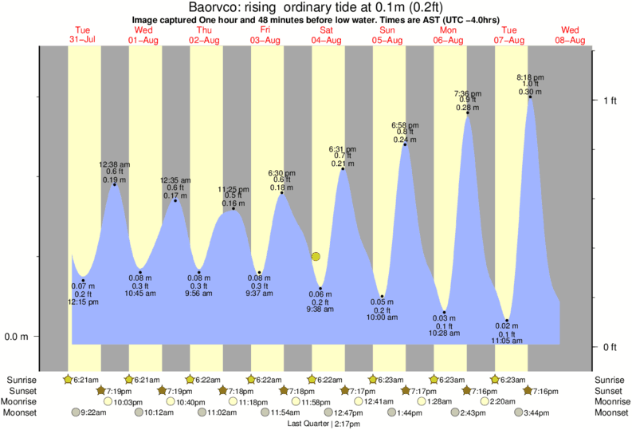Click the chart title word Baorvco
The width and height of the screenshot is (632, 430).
pyautogui.click(x=212, y=7)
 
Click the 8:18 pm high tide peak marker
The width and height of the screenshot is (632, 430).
pyautogui.click(x=530, y=97)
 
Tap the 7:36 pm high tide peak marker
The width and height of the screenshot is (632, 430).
pyautogui.click(x=467, y=113)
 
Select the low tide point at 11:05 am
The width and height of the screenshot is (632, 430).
pyautogui.click(x=507, y=321)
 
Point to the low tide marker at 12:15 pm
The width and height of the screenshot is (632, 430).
pyautogui.click(x=84, y=281)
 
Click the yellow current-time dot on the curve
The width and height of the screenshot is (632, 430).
pyautogui.click(x=316, y=257)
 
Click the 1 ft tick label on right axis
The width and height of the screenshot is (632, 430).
pyautogui.click(x=610, y=100)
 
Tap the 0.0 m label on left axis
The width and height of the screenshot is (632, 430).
pyautogui.click(x=16, y=337)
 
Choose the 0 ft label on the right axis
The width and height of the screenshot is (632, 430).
pyautogui.click(x=610, y=346)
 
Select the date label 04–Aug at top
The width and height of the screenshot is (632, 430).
pyautogui.click(x=327, y=41)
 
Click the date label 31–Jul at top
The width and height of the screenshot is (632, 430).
pyautogui.click(x=82, y=41)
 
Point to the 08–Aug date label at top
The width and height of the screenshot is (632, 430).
pyautogui.click(x=570, y=41)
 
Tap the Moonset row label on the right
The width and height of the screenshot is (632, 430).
pyautogui.click(x=610, y=412)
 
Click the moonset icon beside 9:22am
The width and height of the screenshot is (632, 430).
pyautogui.click(x=76, y=412)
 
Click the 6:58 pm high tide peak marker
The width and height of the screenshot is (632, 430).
pyautogui.click(x=405, y=144)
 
